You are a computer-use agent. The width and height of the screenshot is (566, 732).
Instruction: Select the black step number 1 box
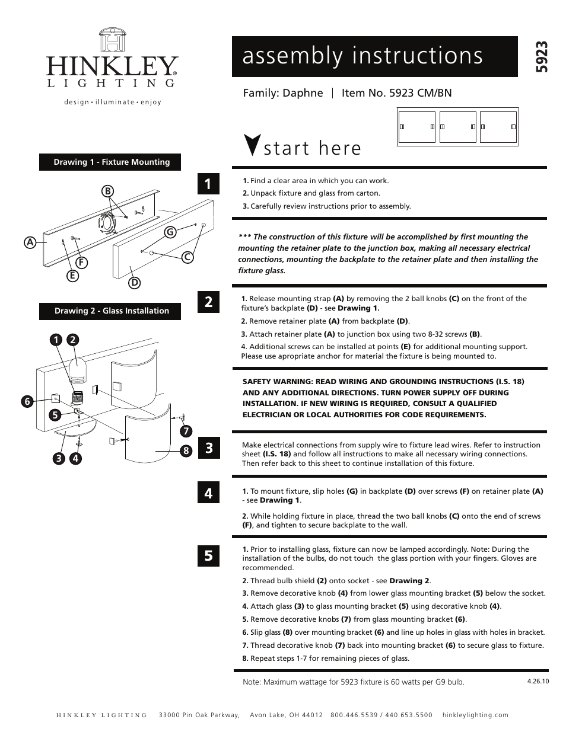[208, 184]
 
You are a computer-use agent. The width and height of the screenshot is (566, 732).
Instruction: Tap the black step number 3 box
[208, 447]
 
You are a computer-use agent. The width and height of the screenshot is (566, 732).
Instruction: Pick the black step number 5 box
[208, 555]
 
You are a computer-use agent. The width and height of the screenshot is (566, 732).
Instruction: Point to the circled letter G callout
[170, 232]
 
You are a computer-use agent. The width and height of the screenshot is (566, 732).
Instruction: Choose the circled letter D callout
[135, 283]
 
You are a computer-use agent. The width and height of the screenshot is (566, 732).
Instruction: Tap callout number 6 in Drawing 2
[27, 401]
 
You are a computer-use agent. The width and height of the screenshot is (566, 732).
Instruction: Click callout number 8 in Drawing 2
[186, 450]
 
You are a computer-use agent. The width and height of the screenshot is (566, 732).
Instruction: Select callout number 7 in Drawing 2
[186, 430]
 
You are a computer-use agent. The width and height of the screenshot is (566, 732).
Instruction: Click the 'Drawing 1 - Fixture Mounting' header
[110, 162]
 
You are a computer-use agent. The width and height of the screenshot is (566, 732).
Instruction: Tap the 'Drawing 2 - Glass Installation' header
[110, 311]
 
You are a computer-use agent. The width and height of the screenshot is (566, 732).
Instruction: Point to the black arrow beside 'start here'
[252, 145]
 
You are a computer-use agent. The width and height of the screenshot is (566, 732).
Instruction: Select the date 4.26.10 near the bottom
[538, 681]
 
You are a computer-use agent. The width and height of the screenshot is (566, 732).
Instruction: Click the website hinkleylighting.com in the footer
[475, 715]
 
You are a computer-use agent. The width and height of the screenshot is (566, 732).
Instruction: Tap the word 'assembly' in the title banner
[292, 56]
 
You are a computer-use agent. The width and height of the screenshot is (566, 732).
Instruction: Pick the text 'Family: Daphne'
[283, 93]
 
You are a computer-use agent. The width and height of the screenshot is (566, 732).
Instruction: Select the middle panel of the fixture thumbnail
[457, 126]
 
